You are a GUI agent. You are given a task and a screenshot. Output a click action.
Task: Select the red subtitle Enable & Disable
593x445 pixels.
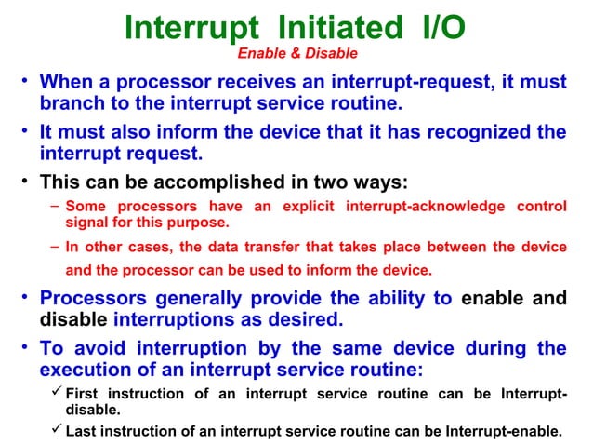[x=296, y=54]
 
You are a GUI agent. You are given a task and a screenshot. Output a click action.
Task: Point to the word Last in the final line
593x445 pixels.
[x=82, y=431]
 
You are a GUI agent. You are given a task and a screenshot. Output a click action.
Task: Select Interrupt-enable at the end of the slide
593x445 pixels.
[x=503, y=431]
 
